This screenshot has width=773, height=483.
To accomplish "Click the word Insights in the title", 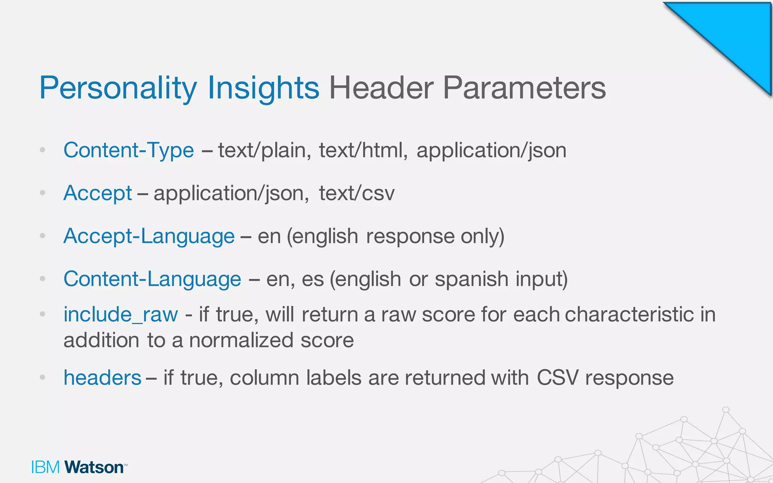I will (263, 88).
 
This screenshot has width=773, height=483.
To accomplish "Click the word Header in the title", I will (381, 88).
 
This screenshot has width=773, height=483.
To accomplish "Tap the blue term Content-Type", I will (129, 150).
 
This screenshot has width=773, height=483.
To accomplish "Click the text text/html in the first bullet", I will (363, 150).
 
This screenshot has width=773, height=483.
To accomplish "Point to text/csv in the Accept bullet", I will (357, 193).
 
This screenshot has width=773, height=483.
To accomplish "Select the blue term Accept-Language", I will (149, 236).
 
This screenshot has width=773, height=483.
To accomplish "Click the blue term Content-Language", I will (152, 279).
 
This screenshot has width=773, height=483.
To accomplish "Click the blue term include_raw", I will (120, 314).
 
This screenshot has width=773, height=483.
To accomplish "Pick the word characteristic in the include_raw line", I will (629, 314).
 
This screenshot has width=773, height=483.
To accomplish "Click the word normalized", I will (241, 340).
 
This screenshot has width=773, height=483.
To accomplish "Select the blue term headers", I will (102, 377).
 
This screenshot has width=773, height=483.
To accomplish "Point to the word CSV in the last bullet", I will (557, 377).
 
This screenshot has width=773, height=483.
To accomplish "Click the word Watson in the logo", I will (94, 467).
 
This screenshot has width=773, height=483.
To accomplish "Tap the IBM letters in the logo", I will (45, 467).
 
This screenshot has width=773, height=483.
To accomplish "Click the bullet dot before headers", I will (43, 377).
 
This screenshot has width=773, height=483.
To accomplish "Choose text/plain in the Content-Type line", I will (264, 150).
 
